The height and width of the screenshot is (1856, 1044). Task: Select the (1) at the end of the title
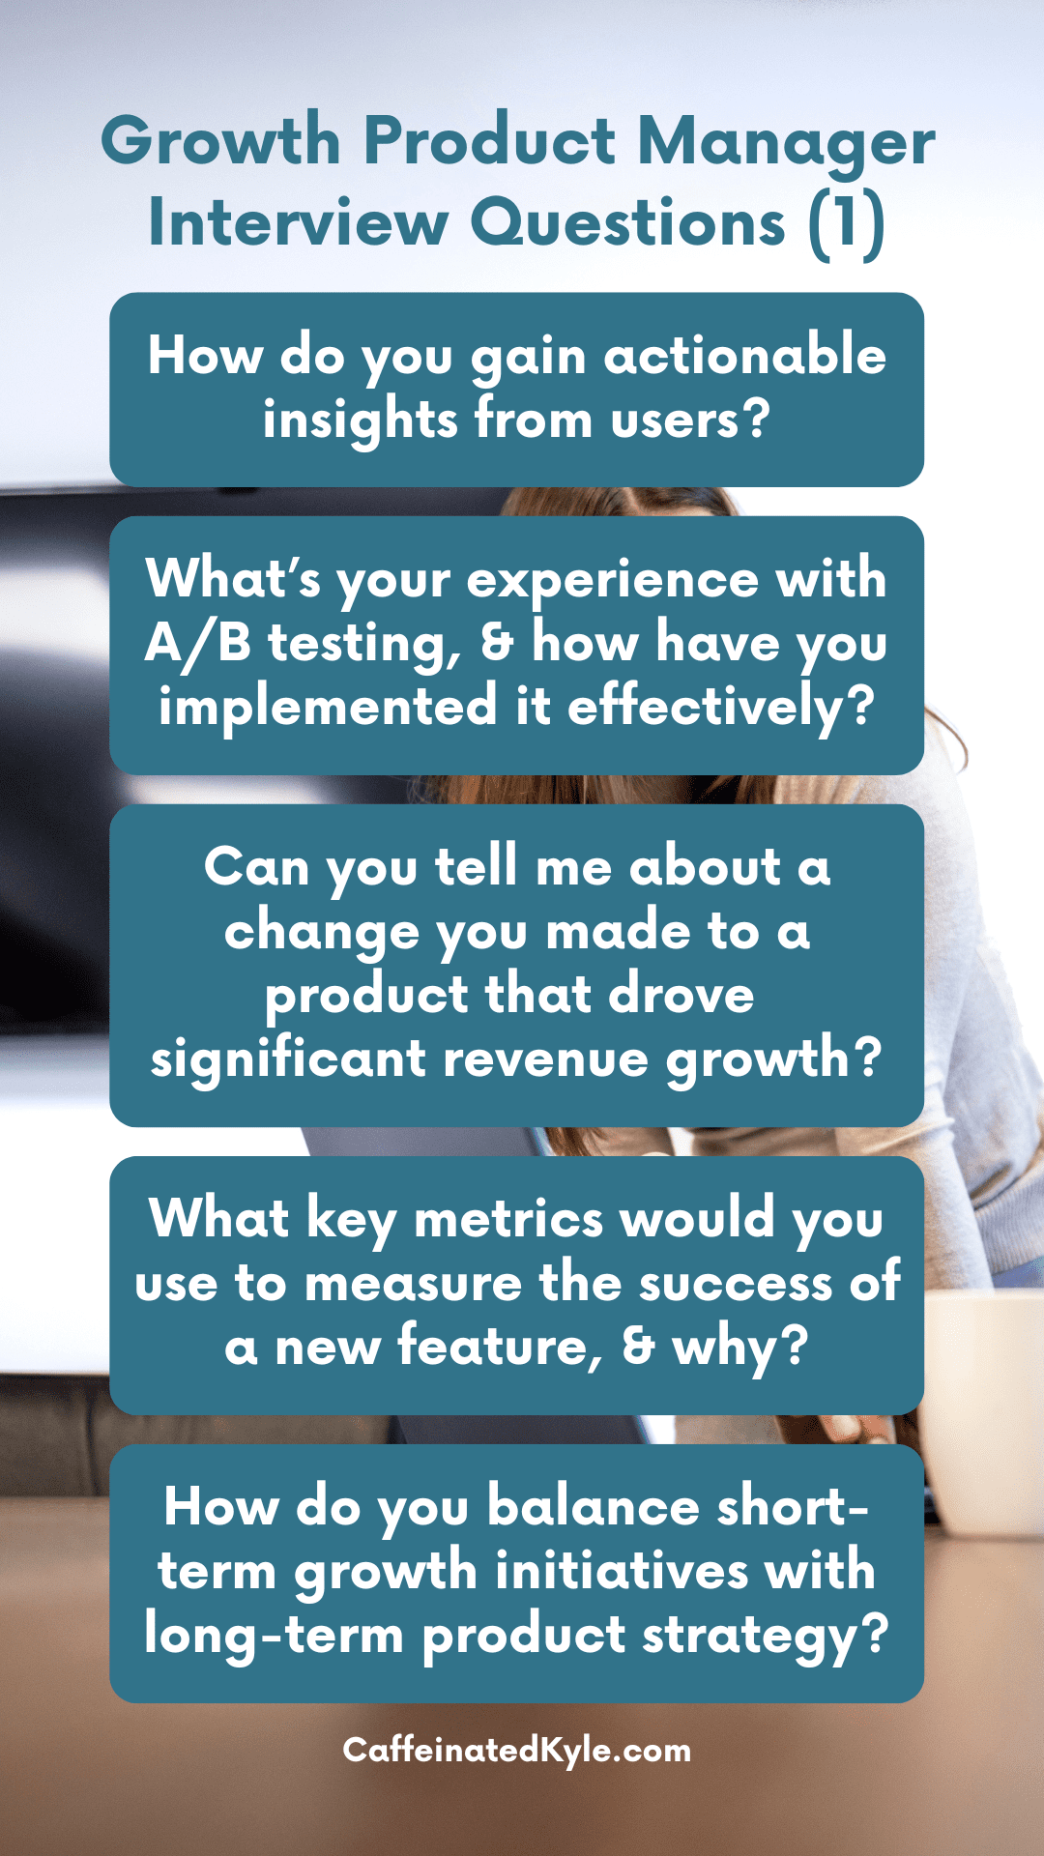tap(847, 223)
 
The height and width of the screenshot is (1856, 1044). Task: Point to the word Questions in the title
tap(628, 223)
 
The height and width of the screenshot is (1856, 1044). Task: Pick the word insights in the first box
tap(360, 420)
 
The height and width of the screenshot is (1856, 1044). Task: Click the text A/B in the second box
tap(198, 643)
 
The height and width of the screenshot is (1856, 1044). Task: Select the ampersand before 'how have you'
tap(497, 643)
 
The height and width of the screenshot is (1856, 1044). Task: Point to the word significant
tap(288, 1058)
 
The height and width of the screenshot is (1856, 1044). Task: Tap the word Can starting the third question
tap(256, 867)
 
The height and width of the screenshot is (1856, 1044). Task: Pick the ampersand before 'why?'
tap(638, 1347)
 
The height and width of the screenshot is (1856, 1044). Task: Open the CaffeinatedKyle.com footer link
tap(517, 1750)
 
